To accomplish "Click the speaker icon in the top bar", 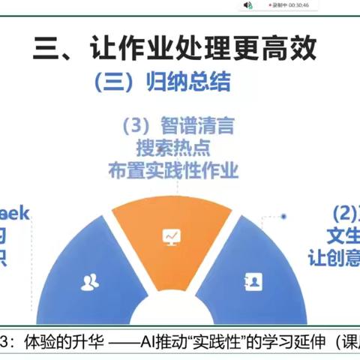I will click(x=247, y=5).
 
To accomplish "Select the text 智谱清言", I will click(x=196, y=125).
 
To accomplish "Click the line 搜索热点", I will click(x=179, y=147).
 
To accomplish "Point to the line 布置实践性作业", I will click(x=179, y=170).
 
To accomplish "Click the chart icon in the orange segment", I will click(x=171, y=237).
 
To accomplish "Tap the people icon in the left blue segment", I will click(x=90, y=283).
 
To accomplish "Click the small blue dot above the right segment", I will click(x=284, y=217).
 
